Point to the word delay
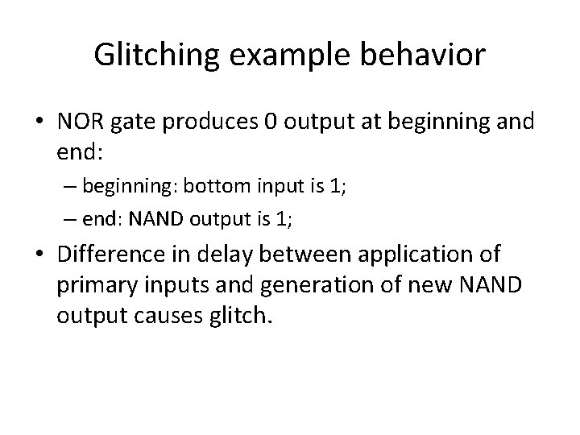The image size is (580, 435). pyautogui.click(x=212, y=255)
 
